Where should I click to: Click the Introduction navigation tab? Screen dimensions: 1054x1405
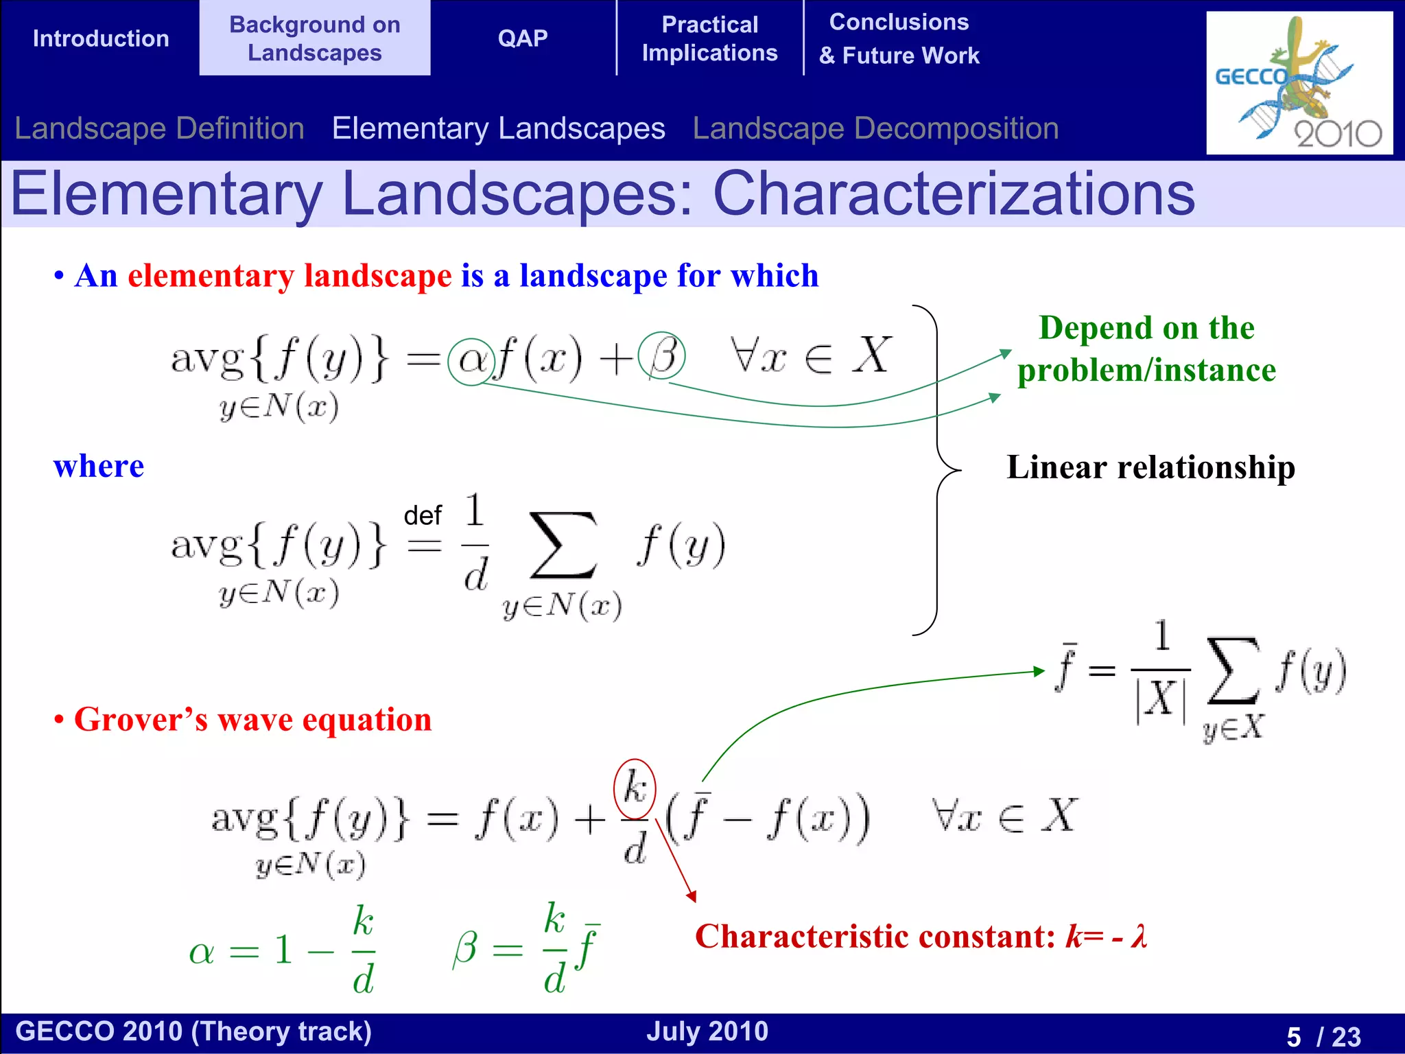101,38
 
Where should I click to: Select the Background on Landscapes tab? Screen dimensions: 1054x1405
315,38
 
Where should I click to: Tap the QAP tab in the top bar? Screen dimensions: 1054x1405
523,38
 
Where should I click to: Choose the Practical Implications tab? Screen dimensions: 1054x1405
709,38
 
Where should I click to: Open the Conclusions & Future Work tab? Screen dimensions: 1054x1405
899,38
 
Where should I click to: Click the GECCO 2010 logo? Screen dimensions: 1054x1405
1299,83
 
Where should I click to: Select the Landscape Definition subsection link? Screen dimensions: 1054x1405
159,128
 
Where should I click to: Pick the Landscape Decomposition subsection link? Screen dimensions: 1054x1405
875,128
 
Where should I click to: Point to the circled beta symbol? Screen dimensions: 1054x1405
661,355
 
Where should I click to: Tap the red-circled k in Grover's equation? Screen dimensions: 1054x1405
635,788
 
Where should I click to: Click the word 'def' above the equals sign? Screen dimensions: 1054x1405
423,515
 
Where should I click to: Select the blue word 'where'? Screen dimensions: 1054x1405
99,467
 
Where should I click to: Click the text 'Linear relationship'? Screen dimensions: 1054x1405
1150,467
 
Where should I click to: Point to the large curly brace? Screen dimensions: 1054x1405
937,470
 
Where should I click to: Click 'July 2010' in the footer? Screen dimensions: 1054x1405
707,1031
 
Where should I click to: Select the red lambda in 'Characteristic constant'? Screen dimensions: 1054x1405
1140,936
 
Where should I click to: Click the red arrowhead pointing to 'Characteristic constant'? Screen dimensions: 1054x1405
692,896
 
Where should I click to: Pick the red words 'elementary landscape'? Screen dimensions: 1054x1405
290,276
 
